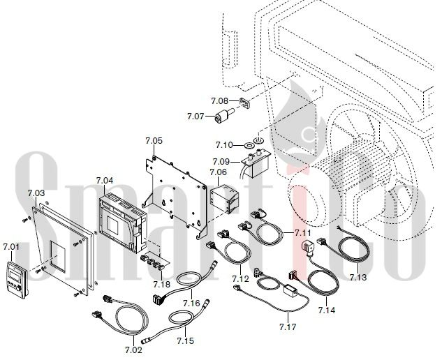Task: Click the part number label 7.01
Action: (x=11, y=247)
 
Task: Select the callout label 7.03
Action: (x=36, y=193)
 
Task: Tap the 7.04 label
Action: (x=104, y=181)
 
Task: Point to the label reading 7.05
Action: (x=154, y=141)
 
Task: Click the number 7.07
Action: (x=195, y=116)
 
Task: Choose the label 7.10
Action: (x=225, y=144)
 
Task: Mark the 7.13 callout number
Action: (x=358, y=277)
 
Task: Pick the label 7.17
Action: (x=287, y=326)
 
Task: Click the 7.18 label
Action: (x=161, y=285)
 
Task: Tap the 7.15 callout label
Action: (x=185, y=340)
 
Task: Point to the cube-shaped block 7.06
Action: (x=226, y=197)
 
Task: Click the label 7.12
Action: (x=240, y=279)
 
